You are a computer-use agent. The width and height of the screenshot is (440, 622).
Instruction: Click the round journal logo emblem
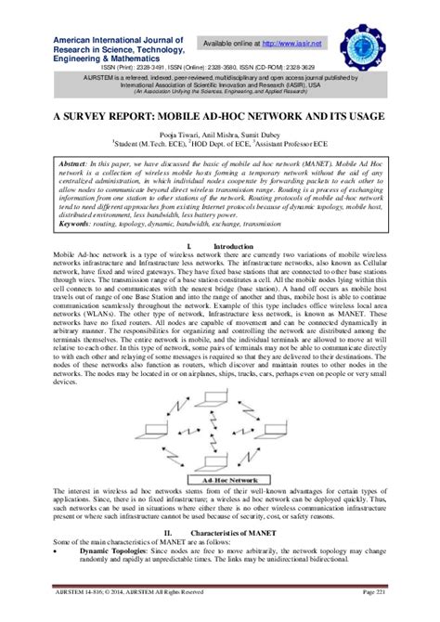[x=369, y=45]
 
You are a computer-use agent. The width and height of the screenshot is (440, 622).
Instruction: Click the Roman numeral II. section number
[x=169, y=533]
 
